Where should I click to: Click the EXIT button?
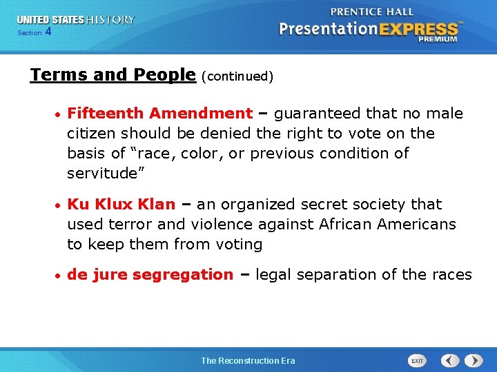point(418,361)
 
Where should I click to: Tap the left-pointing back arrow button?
point(450,361)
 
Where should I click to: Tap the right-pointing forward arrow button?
point(474,361)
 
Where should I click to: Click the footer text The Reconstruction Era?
point(248,361)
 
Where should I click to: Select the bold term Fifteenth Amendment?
point(160,114)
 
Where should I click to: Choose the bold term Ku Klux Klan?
point(121,205)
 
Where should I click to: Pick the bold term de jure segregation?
point(150,275)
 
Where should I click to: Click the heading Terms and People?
point(113,75)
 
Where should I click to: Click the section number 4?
point(48,32)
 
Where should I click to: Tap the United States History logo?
point(76,20)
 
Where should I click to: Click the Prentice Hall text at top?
point(372,12)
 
